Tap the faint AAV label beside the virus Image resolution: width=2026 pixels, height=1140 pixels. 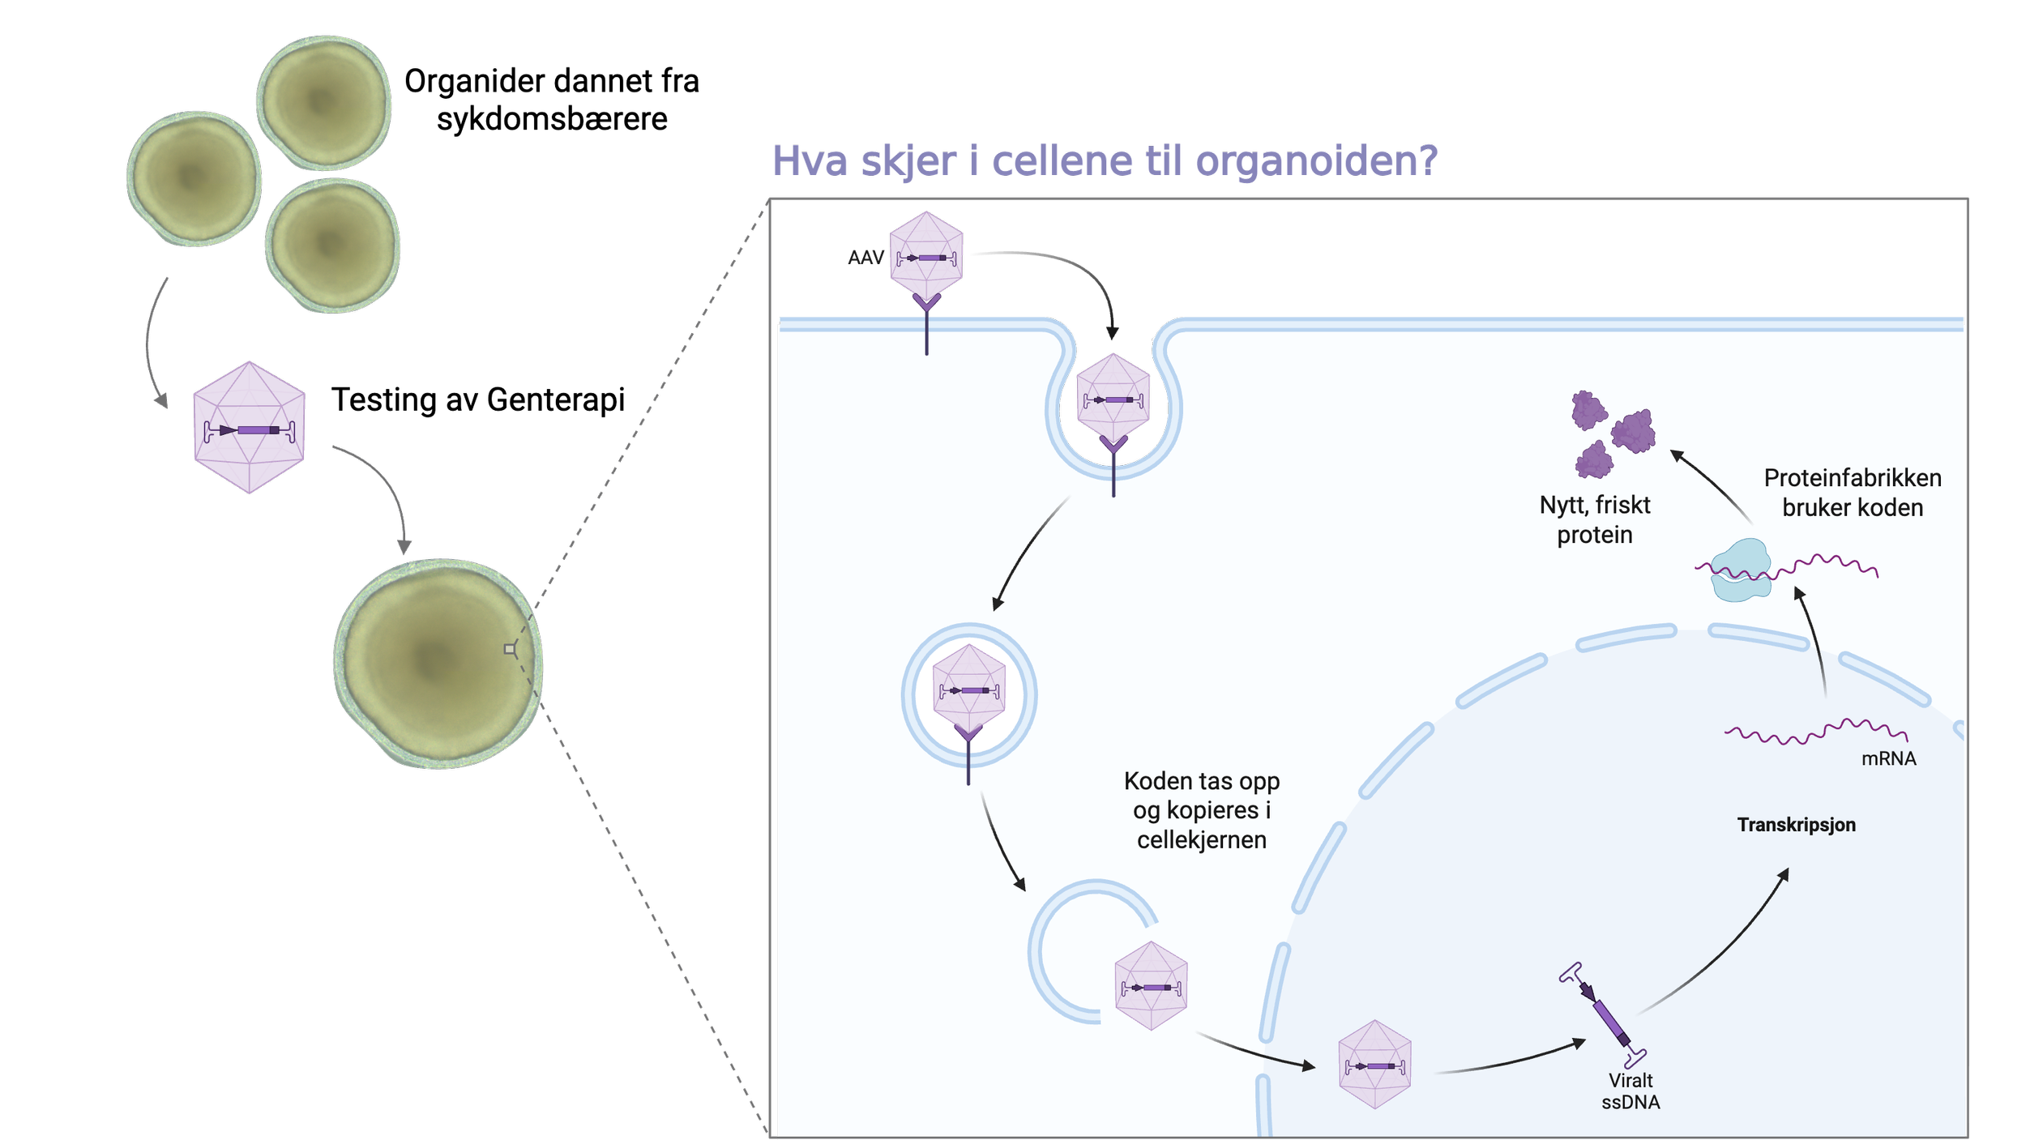(865, 258)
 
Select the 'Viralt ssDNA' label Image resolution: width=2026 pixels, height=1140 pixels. (1630, 1091)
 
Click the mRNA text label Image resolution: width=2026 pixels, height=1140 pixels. (1887, 759)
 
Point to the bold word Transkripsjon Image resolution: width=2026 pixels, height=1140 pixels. (1796, 825)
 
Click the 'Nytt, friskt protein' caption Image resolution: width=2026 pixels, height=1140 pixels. (1594, 519)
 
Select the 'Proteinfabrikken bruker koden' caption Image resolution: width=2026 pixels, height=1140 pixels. (1852, 493)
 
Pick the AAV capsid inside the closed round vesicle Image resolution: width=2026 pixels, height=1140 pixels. (968, 690)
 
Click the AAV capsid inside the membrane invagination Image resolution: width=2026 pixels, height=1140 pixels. (1113, 399)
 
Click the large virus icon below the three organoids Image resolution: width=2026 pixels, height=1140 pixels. (249, 427)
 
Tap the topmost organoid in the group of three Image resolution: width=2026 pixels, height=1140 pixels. (324, 103)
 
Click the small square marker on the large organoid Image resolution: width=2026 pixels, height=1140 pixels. (509, 649)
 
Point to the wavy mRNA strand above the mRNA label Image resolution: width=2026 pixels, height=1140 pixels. (1815, 731)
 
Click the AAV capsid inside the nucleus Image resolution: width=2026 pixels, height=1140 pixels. (1374, 1064)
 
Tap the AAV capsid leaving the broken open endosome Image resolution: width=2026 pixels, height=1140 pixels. (1151, 986)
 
